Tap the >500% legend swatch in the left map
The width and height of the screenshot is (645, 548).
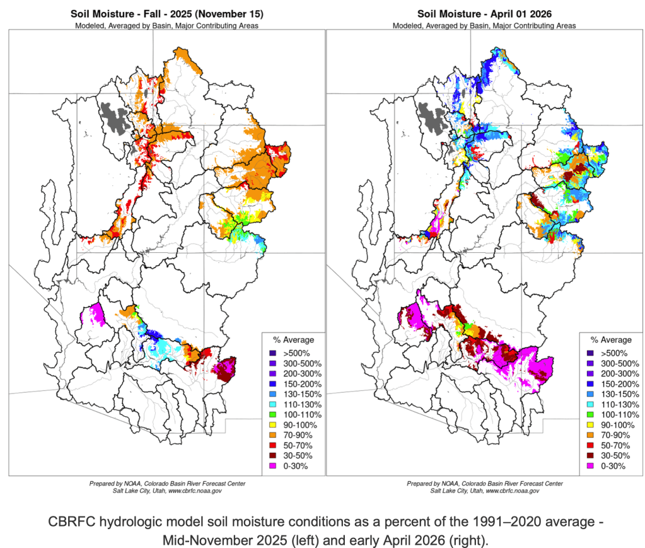click(x=272, y=354)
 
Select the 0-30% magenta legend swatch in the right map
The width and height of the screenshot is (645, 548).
click(x=590, y=465)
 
